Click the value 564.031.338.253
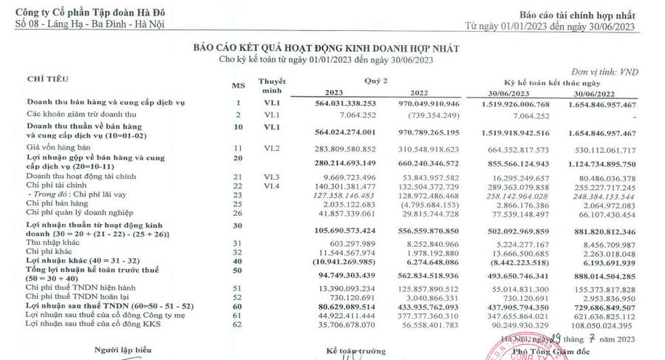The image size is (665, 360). click(x=341, y=104)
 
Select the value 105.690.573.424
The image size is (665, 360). click(x=341, y=230)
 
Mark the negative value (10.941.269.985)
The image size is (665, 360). click(x=340, y=261)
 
